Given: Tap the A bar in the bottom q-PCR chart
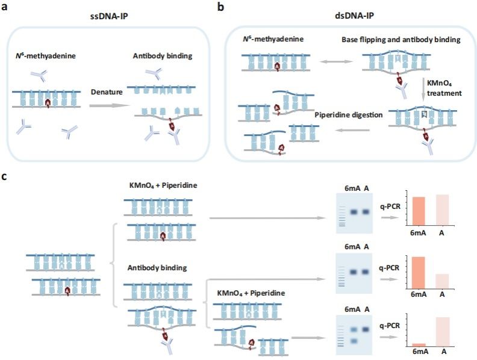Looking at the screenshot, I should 442,331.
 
